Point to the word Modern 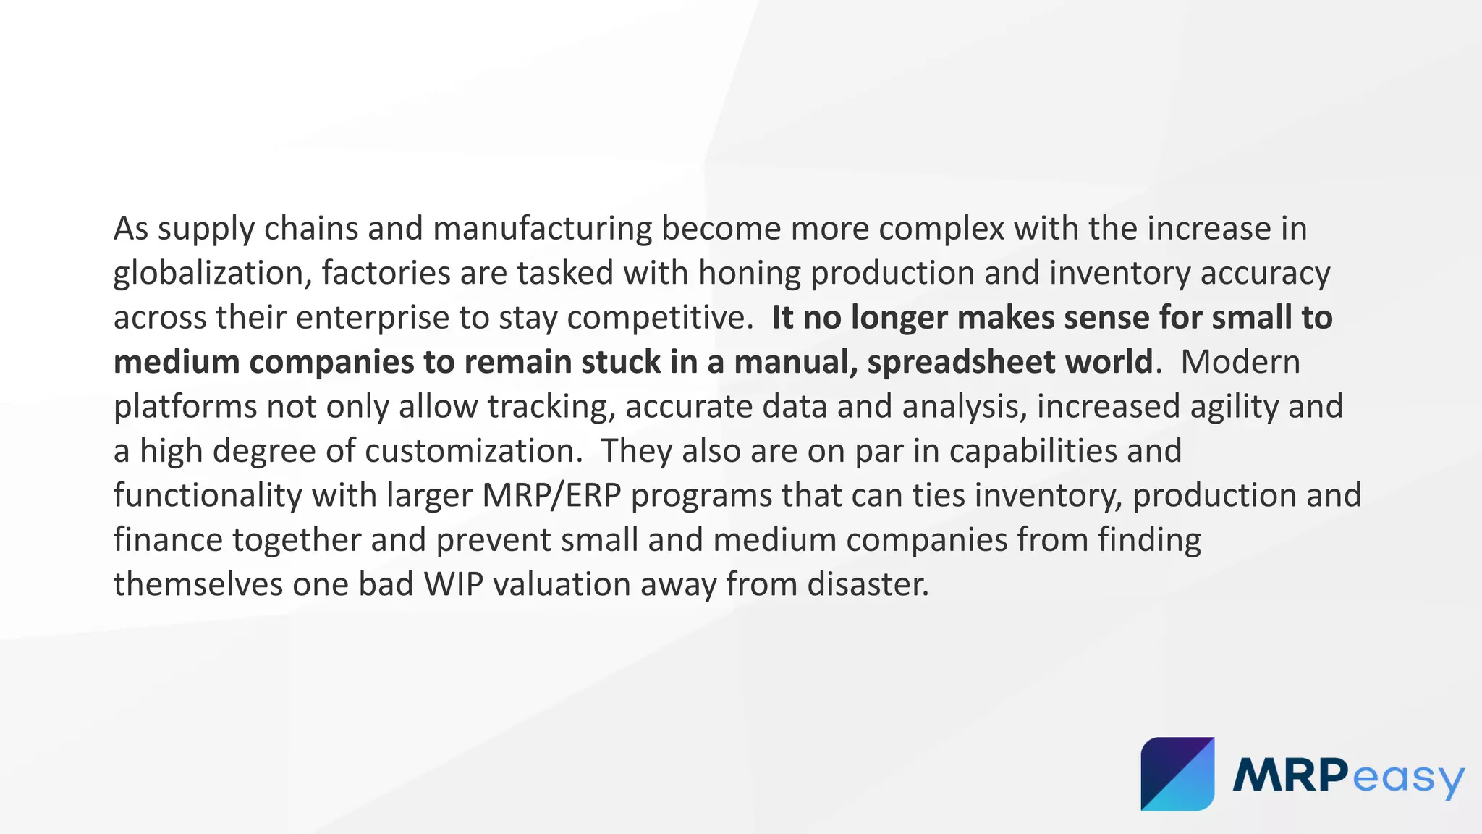[x=1240, y=362]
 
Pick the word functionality [x=208, y=496]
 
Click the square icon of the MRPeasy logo [x=1177, y=774]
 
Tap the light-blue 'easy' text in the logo [x=1407, y=778]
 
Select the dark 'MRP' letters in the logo [x=1290, y=775]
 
